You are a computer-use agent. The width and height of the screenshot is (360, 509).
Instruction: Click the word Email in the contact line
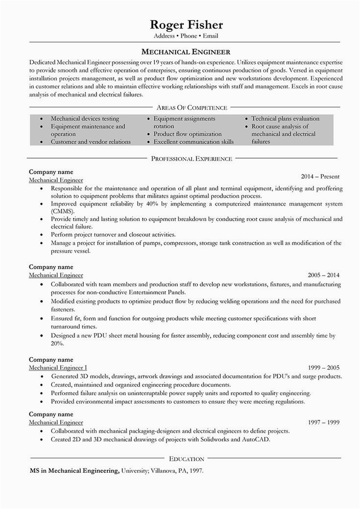pos(209,36)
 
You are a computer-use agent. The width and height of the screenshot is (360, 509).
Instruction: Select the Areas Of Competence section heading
pos(192,107)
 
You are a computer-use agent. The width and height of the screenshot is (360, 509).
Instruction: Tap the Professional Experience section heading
pos(192,159)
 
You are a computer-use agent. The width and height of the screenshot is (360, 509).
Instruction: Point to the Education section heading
pos(186,459)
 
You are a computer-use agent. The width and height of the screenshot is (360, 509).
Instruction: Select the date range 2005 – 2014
pos(323,276)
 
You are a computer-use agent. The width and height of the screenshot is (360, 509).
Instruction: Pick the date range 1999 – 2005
pos(323,367)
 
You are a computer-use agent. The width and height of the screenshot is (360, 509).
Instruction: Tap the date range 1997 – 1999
pos(323,422)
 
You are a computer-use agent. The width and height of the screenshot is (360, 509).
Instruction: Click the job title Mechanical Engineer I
pos(58,367)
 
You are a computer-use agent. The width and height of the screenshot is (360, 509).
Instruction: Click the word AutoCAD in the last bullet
pos(255,440)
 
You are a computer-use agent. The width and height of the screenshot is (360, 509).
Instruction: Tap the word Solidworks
pos(213,440)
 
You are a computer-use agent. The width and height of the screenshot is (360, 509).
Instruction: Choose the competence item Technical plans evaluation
pos(285,119)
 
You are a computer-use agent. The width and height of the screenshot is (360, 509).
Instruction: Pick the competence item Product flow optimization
pos(188,134)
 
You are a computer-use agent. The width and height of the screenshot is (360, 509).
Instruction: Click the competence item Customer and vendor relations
pos(91,141)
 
